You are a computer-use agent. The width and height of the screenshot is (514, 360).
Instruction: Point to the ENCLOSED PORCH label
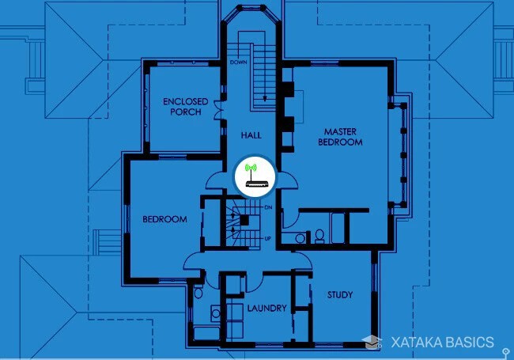tap(185, 107)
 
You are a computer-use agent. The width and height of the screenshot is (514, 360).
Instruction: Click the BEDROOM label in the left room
tap(164, 219)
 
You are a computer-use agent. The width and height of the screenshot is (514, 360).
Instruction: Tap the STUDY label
tap(340, 295)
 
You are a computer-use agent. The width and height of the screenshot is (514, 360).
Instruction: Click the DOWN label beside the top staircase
tap(239, 62)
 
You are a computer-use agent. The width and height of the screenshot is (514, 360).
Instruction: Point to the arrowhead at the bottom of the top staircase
tap(265, 100)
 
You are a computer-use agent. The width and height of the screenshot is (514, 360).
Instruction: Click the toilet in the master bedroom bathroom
tap(319, 235)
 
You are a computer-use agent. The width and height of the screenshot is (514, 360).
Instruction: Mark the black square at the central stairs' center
tap(244, 220)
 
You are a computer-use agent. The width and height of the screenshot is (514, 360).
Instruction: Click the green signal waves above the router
tap(252, 169)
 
